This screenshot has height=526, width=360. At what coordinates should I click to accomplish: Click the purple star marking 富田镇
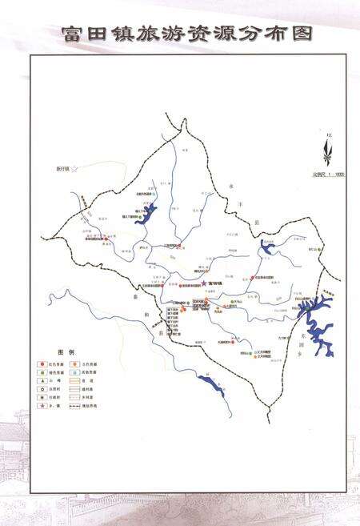203,283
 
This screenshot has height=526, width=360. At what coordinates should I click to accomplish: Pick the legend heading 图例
65,352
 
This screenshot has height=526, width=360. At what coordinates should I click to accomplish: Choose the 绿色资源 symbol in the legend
42,371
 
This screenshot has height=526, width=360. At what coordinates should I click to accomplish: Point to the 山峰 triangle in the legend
42,381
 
